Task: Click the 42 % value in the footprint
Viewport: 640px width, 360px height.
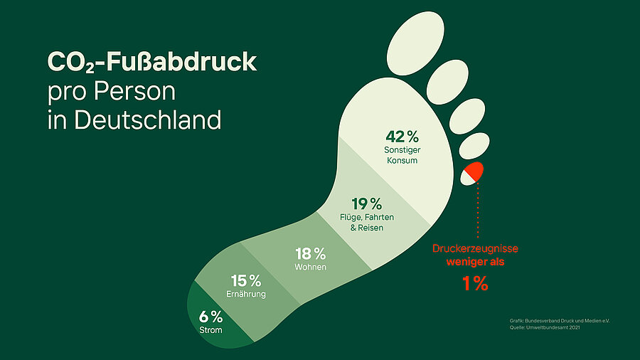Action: [402, 137]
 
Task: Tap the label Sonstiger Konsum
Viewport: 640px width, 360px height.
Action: [402, 155]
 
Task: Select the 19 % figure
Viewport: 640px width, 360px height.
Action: [366, 203]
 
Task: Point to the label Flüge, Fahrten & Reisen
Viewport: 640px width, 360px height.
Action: [367, 223]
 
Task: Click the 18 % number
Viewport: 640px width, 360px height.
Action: [311, 254]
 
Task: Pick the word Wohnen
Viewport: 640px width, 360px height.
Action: [311, 268]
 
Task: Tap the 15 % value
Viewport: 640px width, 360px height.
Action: [246, 281]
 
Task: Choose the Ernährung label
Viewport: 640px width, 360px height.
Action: [246, 294]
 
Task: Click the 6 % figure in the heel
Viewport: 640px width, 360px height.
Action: [210, 317]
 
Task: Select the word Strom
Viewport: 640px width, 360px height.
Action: [210, 330]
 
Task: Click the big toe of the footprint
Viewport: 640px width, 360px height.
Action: [415, 43]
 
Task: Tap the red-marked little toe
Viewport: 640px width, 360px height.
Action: [472, 174]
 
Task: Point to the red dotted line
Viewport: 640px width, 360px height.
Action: [478, 210]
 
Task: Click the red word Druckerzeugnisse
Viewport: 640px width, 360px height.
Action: [475, 248]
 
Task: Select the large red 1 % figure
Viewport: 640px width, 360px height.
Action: [475, 283]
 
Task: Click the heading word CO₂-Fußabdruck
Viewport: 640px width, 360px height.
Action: [152, 62]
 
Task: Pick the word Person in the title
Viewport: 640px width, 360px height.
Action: [134, 91]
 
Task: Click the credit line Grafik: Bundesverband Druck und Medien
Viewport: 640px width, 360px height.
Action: [560, 321]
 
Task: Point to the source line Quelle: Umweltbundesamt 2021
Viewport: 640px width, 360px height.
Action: [545, 327]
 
